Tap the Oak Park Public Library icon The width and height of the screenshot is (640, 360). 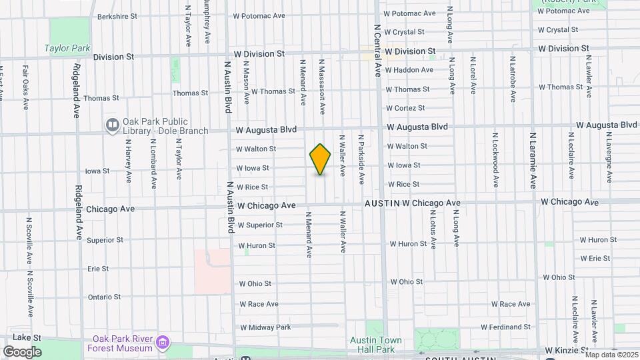[112, 125]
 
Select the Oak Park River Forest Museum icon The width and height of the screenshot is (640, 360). [163, 344]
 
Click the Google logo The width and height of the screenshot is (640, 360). [22, 352]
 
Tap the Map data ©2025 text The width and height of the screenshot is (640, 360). [611, 355]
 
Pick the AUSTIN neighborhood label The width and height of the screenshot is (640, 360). [381, 203]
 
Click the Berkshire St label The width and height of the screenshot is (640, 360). [117, 16]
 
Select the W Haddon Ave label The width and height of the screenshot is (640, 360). [410, 70]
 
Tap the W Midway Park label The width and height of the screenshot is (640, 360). [266, 327]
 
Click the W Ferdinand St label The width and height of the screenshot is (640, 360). [505, 327]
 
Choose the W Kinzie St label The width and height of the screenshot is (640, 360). [566, 349]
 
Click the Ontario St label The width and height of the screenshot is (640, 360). [104, 297]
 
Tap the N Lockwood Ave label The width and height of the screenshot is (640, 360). [495, 157]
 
